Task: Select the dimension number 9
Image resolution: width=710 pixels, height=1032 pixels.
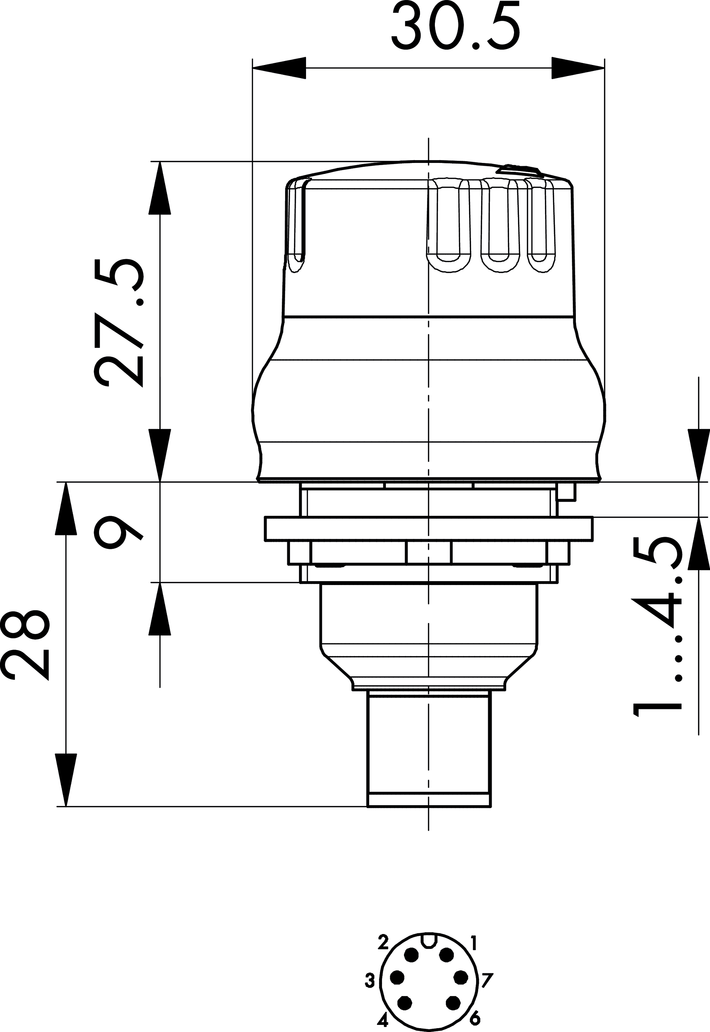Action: (119, 533)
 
